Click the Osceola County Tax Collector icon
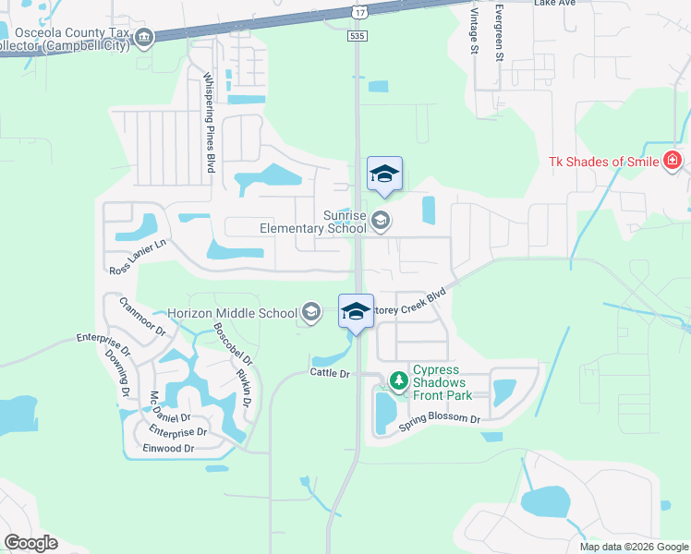143,37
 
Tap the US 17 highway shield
358,10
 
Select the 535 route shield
358,35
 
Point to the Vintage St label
472,28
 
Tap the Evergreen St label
499,33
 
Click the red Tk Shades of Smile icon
673,161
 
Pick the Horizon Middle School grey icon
312,313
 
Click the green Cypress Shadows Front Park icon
398,379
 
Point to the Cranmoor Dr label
141,316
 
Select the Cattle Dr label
331,373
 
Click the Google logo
30,543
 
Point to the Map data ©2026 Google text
633,547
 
